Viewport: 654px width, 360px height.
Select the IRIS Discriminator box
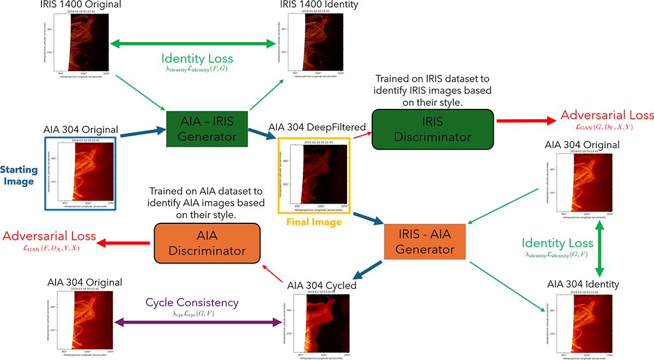pos(433,129)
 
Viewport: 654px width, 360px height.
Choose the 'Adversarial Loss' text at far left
pos(50,236)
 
